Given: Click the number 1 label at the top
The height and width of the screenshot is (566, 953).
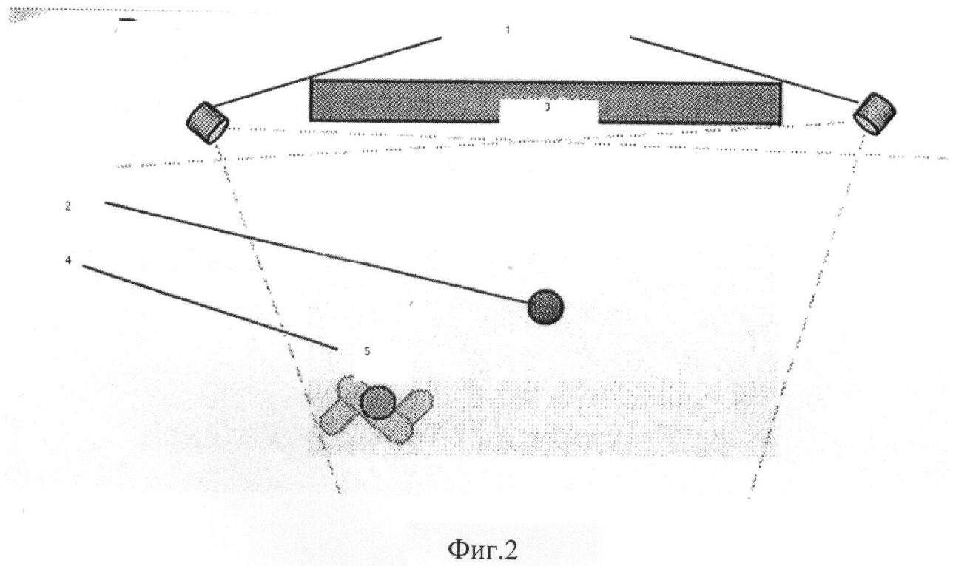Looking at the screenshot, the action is (507, 30).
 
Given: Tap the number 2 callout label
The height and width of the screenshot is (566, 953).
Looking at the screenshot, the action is (68, 206).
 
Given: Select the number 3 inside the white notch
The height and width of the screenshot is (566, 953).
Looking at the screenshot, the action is (548, 107).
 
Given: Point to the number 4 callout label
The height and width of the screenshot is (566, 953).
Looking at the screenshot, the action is (68, 260).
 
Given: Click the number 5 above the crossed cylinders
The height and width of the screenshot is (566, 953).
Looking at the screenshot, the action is (367, 351).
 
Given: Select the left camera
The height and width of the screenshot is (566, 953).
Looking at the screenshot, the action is (208, 123).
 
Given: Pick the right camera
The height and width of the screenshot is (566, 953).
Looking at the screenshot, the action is (875, 114).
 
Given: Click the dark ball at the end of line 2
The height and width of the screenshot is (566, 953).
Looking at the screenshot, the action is (545, 307).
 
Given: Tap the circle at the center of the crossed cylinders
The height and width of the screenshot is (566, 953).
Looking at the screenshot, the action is (378, 402).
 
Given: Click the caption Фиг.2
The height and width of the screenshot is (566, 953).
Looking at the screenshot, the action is (482, 550).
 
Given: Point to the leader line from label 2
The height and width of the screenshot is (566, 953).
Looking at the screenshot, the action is (317, 253).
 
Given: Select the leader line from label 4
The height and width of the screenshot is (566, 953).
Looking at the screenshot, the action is (210, 307).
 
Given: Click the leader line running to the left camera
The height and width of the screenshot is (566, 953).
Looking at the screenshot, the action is (326, 72).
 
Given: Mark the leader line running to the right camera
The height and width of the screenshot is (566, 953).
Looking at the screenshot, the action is (744, 69).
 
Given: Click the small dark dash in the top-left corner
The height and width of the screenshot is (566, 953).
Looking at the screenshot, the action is (127, 19).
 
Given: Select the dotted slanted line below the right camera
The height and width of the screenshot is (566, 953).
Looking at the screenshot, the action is (806, 316).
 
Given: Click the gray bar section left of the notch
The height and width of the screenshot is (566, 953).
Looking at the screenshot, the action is (404, 101).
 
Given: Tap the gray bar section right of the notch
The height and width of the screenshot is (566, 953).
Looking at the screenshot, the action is (690, 103).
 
